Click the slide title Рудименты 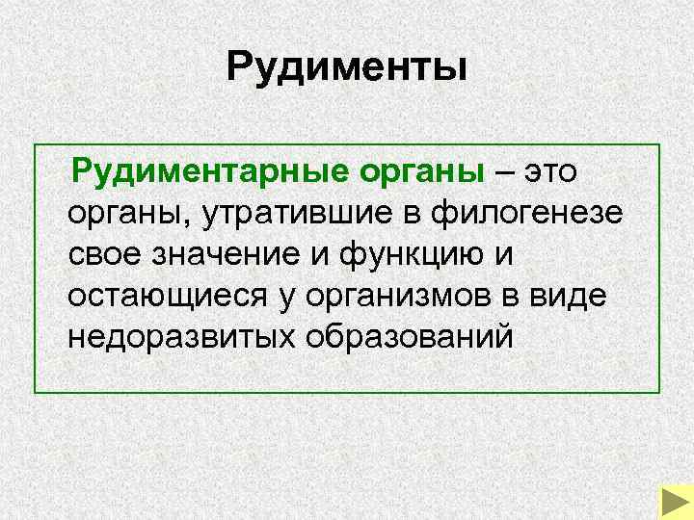[x=347, y=67]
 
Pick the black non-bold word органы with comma [x=129, y=214]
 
